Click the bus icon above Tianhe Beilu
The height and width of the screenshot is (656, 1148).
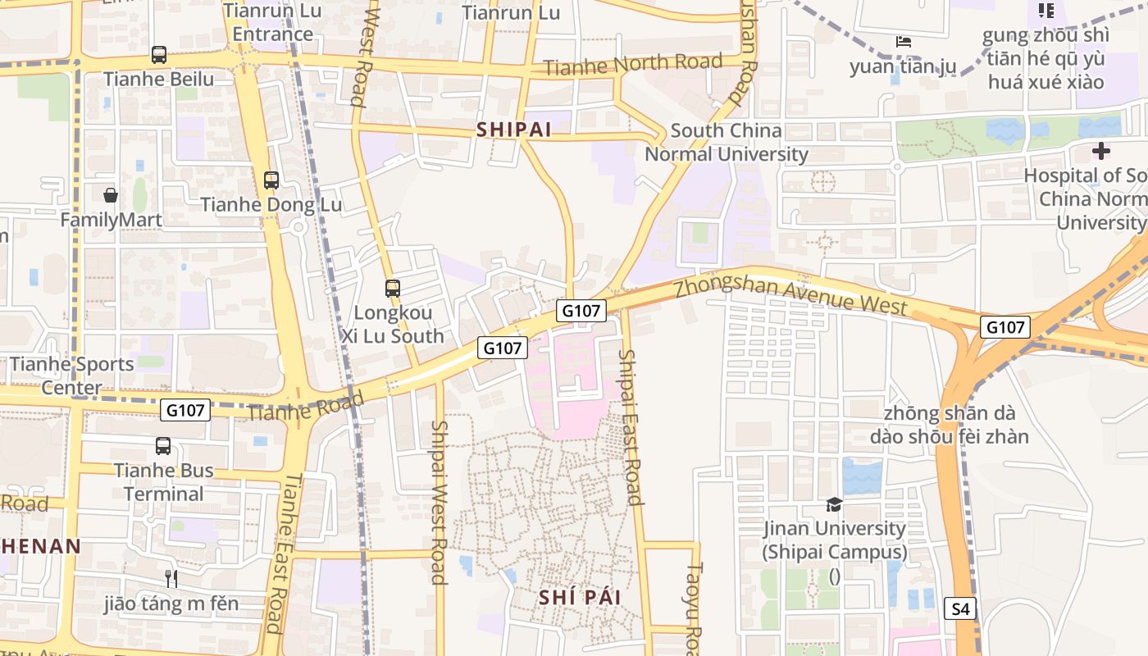pyautogui.click(x=159, y=55)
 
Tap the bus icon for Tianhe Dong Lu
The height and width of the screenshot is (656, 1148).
pyautogui.click(x=271, y=180)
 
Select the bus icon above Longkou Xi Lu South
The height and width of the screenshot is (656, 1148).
pyautogui.click(x=393, y=289)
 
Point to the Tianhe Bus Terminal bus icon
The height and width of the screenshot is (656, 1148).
pyautogui.click(x=163, y=446)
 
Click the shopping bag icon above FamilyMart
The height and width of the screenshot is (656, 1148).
pyautogui.click(x=111, y=195)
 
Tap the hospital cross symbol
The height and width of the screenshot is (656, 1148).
pyautogui.click(x=1101, y=151)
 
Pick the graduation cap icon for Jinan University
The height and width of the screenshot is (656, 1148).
pyautogui.click(x=834, y=504)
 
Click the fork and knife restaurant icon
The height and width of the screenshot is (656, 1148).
pyautogui.click(x=171, y=579)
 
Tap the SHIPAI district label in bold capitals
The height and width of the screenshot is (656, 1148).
pyautogui.click(x=512, y=130)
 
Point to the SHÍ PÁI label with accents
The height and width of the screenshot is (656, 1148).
pyautogui.click(x=580, y=598)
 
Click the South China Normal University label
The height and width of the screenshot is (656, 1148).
pyautogui.click(x=727, y=142)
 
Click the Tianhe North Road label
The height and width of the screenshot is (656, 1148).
pyautogui.click(x=633, y=65)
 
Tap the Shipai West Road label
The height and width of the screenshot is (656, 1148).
pyautogui.click(x=439, y=502)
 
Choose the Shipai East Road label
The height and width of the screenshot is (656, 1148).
pyautogui.click(x=629, y=426)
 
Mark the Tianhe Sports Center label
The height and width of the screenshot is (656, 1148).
pyautogui.click(x=72, y=376)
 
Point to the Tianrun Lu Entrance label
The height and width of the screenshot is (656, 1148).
pyautogui.click(x=272, y=23)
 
